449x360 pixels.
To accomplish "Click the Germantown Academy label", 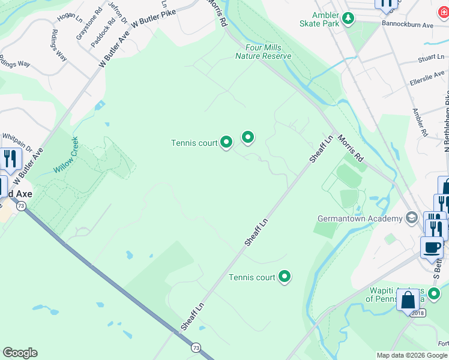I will click(x=359, y=217).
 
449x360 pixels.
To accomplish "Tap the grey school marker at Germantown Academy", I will click(x=412, y=217).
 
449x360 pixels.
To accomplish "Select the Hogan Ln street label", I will click(x=70, y=17).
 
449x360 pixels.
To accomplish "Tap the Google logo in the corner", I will click(x=20, y=353).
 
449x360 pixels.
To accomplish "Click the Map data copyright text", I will click(x=411, y=355).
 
